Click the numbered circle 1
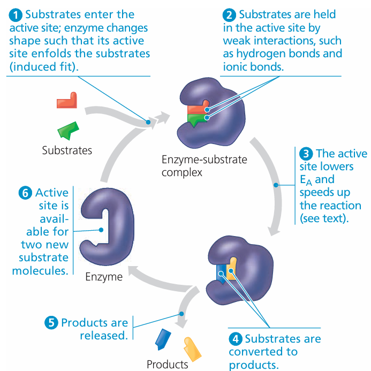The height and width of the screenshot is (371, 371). click(x=14, y=14)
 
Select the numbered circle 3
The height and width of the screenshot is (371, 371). click(x=306, y=154)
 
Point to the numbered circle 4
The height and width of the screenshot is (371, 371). click(x=235, y=338)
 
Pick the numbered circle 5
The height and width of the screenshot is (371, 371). click(x=51, y=323)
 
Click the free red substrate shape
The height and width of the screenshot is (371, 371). click(x=68, y=101)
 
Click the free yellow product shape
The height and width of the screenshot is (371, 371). click(x=192, y=348)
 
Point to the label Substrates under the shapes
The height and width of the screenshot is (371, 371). click(x=67, y=150)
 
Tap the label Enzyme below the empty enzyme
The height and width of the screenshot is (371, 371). click(x=104, y=277)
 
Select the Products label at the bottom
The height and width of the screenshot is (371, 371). click(x=167, y=365)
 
